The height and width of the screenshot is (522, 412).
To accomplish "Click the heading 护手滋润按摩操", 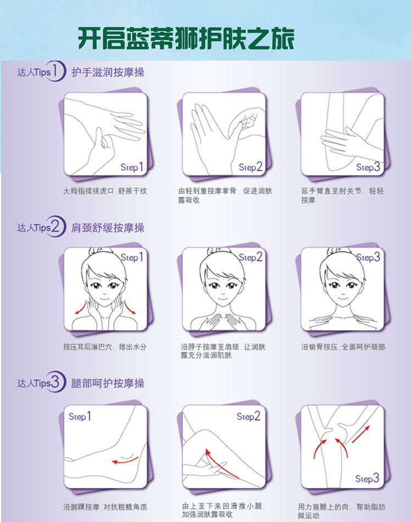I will [x=108, y=72].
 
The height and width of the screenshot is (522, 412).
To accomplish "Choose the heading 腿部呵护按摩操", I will [x=108, y=383].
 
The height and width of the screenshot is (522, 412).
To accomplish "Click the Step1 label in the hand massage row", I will [x=132, y=166].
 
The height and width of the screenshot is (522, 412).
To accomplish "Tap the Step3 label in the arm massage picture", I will [x=368, y=167].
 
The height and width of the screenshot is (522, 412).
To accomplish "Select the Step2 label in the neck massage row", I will [x=250, y=257].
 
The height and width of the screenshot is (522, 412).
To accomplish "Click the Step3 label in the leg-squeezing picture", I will [x=367, y=479].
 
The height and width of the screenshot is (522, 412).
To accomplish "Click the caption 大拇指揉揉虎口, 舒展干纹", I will [x=105, y=192].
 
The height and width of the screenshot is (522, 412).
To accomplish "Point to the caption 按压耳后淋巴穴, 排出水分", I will [x=105, y=347].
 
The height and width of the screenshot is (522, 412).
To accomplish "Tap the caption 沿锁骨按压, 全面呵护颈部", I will [x=343, y=347].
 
